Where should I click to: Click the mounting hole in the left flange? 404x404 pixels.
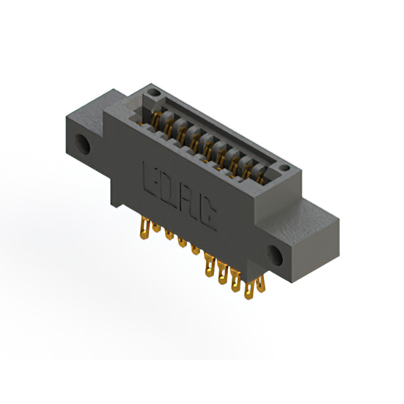pos(83,143)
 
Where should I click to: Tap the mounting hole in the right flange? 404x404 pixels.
pos(276,255)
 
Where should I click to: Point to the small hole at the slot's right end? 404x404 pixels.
pos(284,169)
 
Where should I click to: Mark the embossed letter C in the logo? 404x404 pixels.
pos(208,218)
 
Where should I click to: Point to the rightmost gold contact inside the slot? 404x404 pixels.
pos(260,171)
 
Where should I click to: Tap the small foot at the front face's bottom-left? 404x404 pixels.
pos(117,198)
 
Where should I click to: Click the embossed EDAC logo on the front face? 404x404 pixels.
pos(181,195)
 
